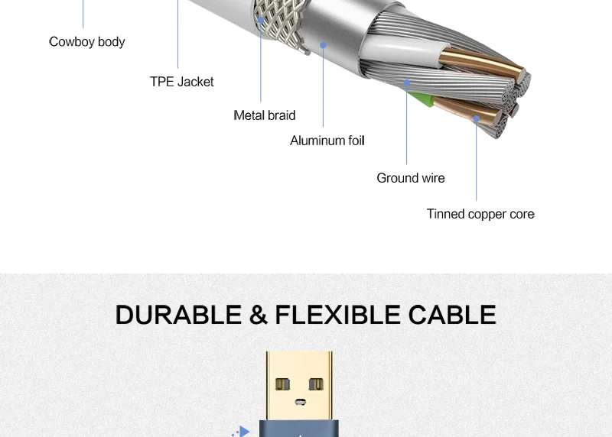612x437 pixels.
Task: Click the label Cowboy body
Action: [x=86, y=41]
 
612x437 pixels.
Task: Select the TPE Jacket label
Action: [x=181, y=82]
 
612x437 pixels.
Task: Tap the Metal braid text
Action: [x=264, y=115]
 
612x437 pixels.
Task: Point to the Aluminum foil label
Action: [x=327, y=141]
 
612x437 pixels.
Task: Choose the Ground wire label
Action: [x=410, y=178]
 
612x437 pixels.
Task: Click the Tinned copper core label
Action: [x=480, y=214]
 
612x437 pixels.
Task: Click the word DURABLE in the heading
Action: [x=177, y=315]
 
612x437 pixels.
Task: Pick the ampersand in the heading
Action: [x=257, y=315]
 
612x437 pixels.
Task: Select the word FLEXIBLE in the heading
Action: [x=337, y=315]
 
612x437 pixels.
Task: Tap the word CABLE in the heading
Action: [x=452, y=315]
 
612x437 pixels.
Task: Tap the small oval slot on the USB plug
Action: [x=299, y=401]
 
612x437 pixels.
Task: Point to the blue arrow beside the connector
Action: [x=243, y=432]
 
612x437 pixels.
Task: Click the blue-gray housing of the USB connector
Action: [x=299, y=429]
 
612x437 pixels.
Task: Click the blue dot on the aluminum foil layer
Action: [x=324, y=46]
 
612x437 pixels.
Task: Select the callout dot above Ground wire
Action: [x=407, y=82]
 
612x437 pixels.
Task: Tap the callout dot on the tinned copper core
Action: [x=476, y=118]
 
